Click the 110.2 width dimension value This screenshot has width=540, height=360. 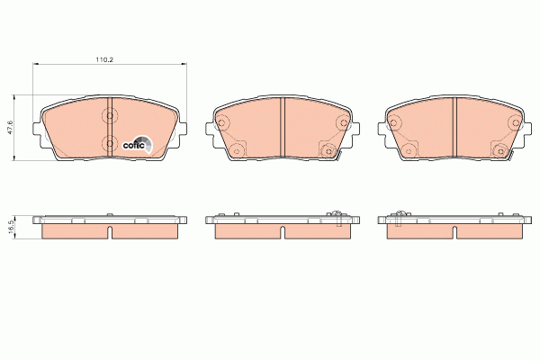[x=104, y=59]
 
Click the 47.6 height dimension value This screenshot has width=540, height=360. [x=10, y=128]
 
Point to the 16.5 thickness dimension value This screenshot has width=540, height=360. [x=10, y=228]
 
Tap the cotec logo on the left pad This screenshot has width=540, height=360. [x=137, y=145]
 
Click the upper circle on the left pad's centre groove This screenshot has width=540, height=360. [x=110, y=116]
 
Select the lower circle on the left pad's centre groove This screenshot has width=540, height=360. [x=110, y=143]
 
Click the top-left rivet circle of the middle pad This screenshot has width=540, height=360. [x=221, y=122]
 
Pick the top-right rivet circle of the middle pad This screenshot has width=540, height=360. [x=343, y=122]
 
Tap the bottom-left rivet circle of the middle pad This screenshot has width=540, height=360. [x=236, y=151]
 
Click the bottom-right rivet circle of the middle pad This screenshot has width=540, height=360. [x=328, y=151]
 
